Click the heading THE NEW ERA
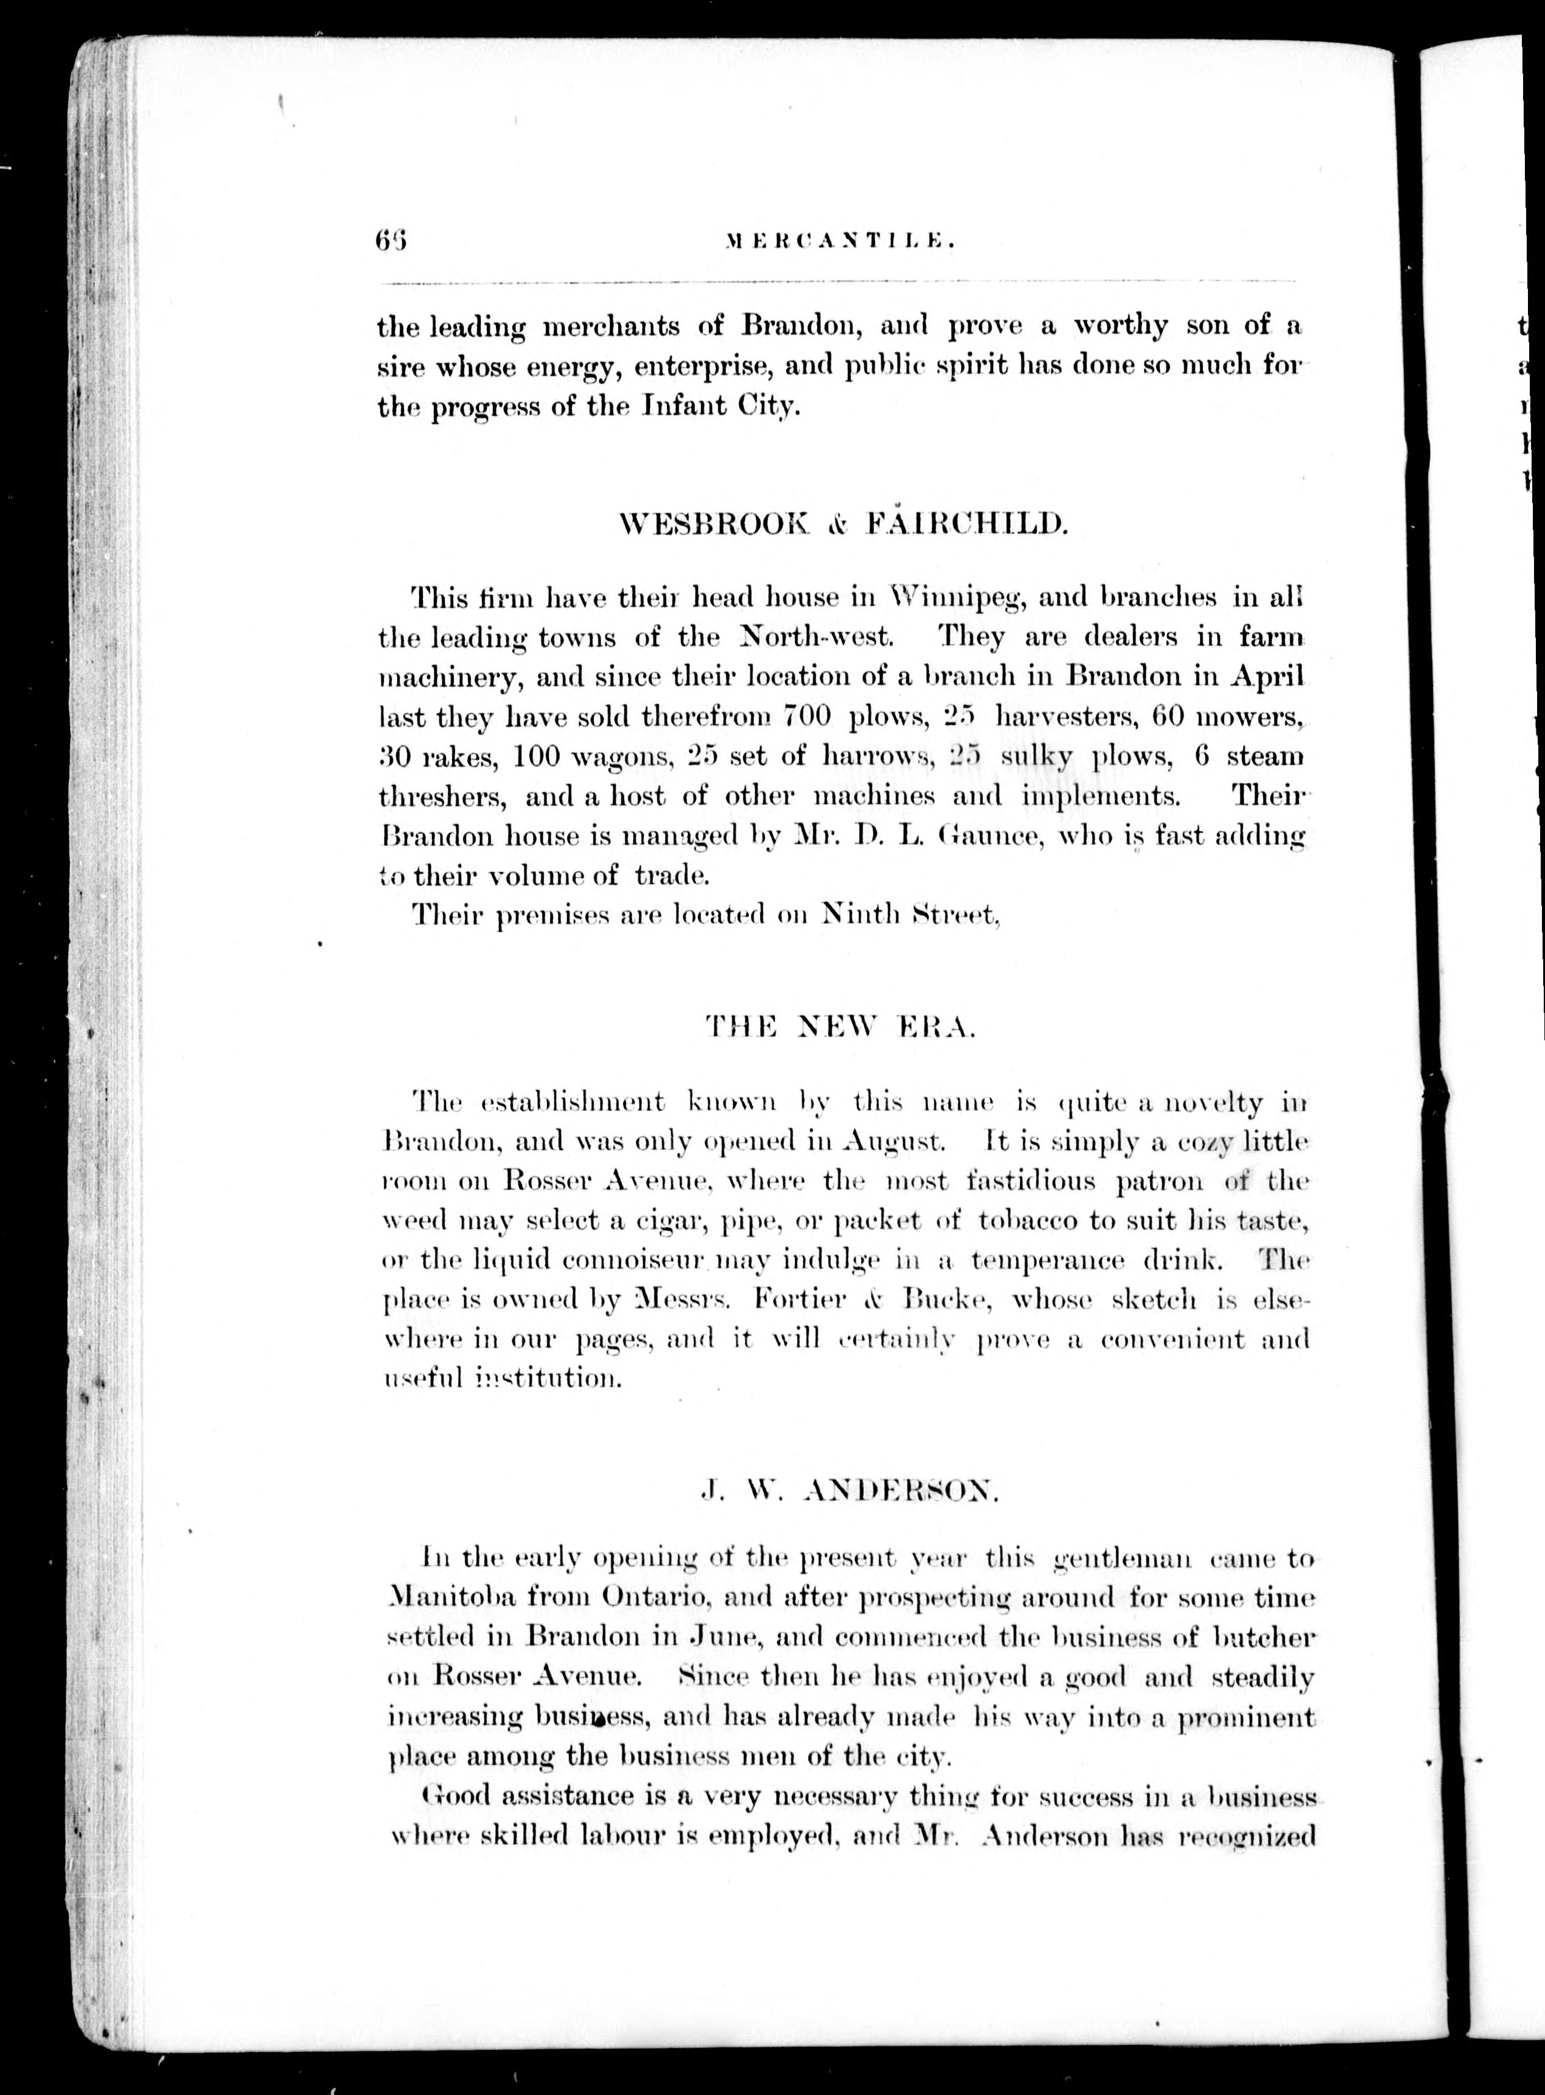click(x=841, y=1029)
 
